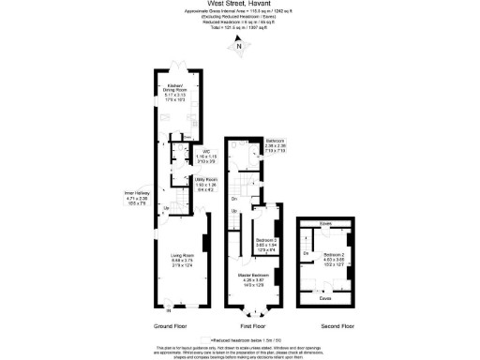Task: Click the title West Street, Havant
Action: coord(239,5)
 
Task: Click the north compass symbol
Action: coord(239,46)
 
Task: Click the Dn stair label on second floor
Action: coord(306,254)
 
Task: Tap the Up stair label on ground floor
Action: coord(166,207)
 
